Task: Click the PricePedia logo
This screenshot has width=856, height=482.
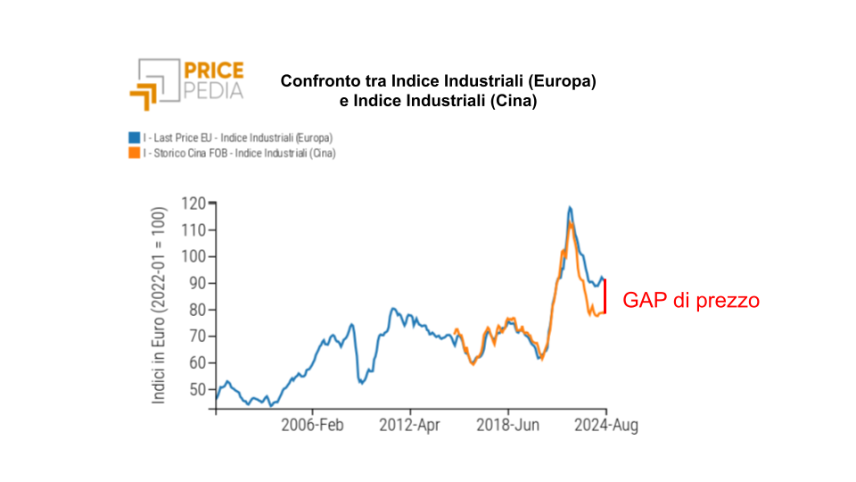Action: point(186,81)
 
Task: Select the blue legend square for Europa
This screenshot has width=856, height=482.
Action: point(133,138)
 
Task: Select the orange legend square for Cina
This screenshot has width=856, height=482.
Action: point(133,154)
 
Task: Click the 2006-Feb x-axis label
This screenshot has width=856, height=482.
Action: point(313,426)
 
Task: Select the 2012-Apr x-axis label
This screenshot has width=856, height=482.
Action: point(410,426)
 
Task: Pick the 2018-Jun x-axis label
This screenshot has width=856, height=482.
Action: point(507,426)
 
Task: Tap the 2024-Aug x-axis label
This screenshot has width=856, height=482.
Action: point(605,426)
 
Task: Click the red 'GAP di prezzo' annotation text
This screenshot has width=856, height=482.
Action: point(691,301)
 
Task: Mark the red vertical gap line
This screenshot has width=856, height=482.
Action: point(605,295)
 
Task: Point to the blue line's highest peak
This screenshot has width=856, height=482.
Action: point(570,208)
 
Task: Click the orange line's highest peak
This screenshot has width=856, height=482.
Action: point(571,223)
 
